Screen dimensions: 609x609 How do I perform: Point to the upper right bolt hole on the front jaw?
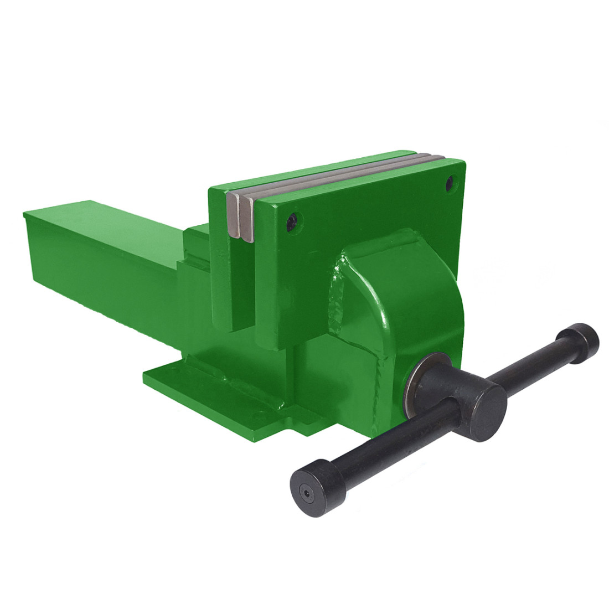click(x=452, y=181)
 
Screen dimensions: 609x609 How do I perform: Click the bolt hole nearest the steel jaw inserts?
click(x=293, y=220)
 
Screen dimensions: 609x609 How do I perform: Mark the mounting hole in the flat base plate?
click(x=256, y=413)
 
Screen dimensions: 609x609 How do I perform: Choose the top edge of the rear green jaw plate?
click(x=310, y=169)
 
